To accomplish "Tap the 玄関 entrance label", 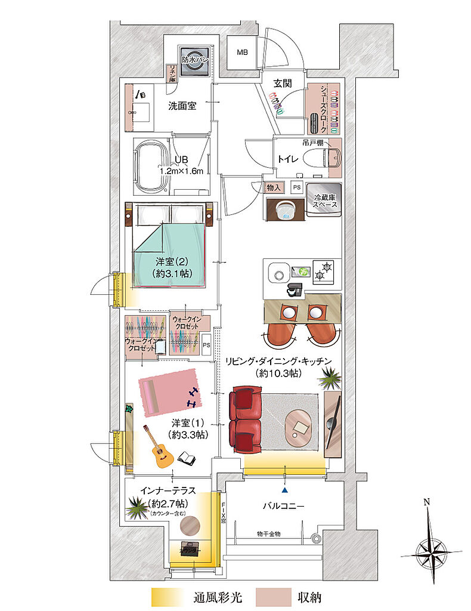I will tap(282, 84).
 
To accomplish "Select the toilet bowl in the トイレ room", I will tap(329, 158).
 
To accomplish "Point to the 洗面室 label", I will tap(182, 106).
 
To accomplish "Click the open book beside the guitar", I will tap(187, 458).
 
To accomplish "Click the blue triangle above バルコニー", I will tap(285, 490).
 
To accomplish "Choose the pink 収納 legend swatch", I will tap(271, 597).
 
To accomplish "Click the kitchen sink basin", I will tap(278, 274).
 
